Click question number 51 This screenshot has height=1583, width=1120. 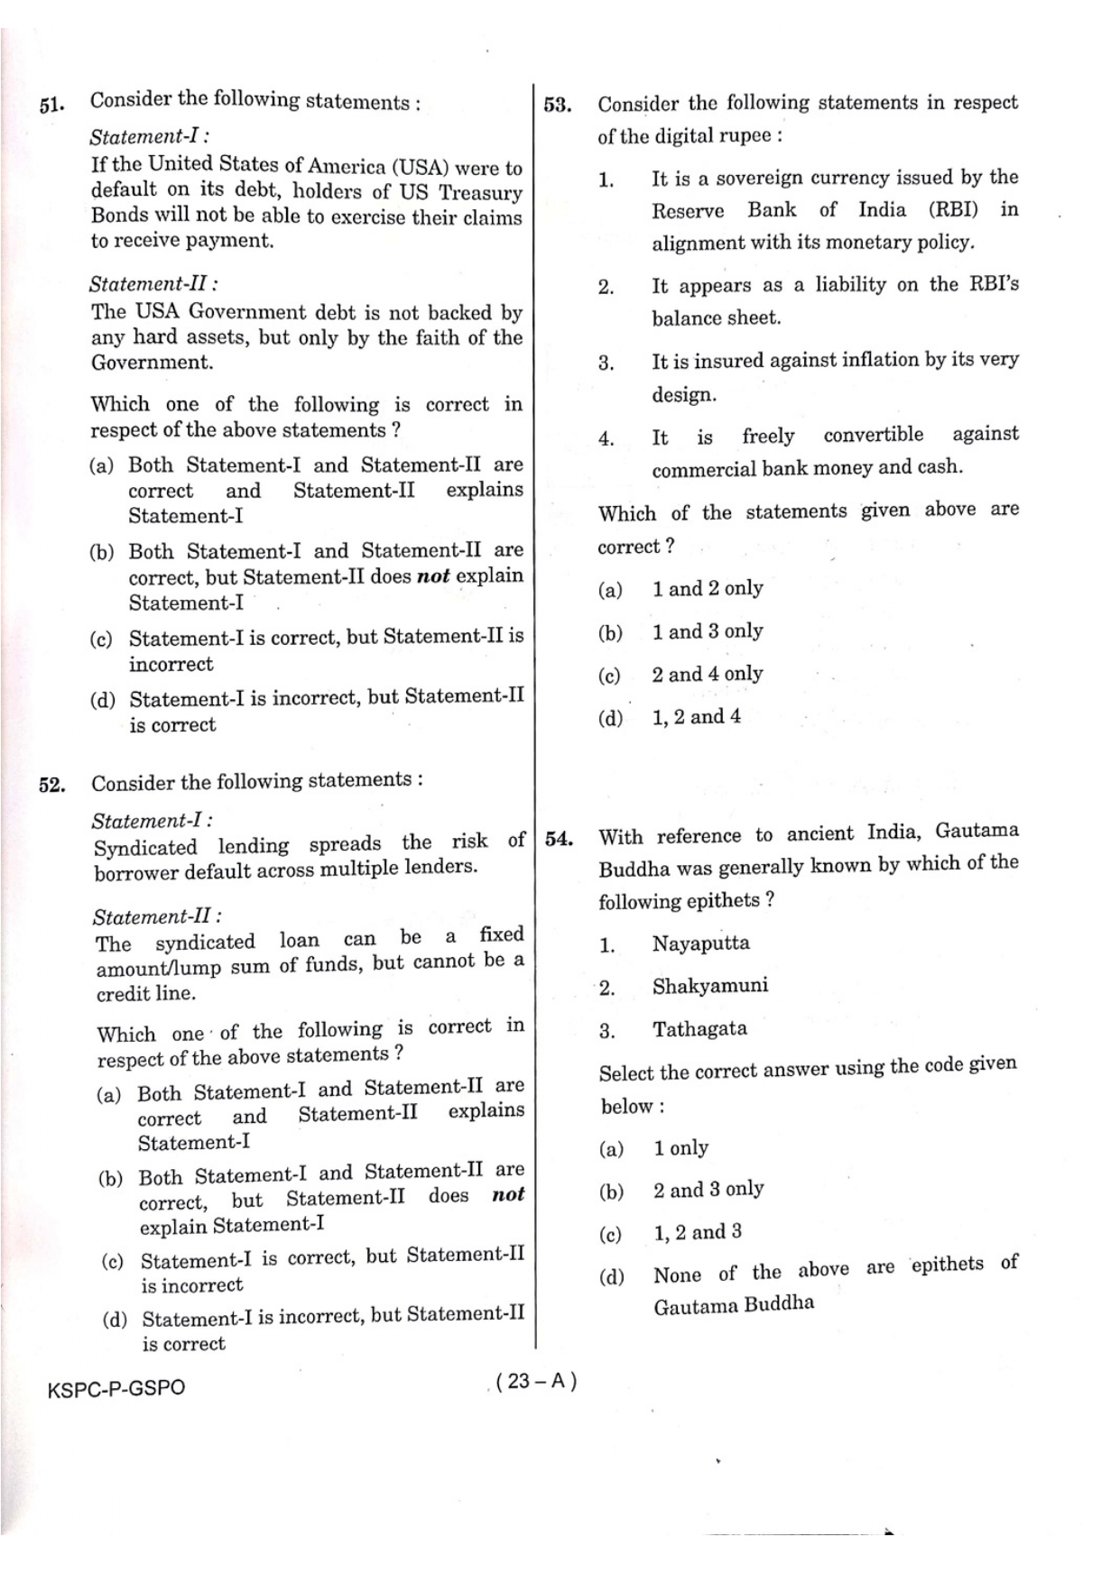[51, 105]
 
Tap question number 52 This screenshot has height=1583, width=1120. [51, 785]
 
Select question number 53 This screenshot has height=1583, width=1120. [557, 106]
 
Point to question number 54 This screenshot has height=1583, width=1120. [559, 840]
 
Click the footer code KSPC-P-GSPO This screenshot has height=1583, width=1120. [116, 1388]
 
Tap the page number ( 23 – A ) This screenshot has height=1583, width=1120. [536, 1381]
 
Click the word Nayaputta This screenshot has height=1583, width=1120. [700, 943]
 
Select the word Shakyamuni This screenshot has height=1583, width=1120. [710, 986]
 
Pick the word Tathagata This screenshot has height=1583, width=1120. [699, 1029]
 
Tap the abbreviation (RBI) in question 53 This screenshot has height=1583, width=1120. [953, 210]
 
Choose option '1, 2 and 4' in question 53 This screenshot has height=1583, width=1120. [696, 717]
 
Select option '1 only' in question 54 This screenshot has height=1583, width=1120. [680, 1148]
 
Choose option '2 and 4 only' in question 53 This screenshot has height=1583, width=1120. [708, 675]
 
